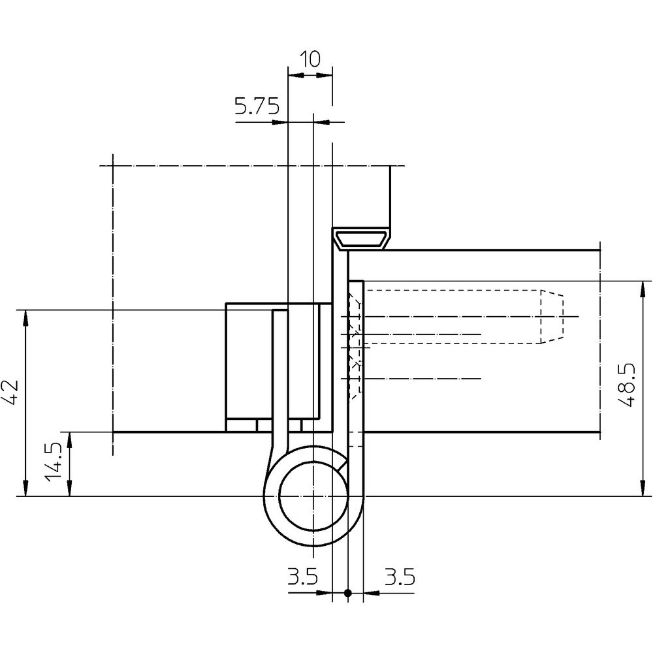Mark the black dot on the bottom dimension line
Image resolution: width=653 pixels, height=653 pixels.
(347, 593)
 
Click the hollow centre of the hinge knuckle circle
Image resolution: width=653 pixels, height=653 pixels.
(313, 497)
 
